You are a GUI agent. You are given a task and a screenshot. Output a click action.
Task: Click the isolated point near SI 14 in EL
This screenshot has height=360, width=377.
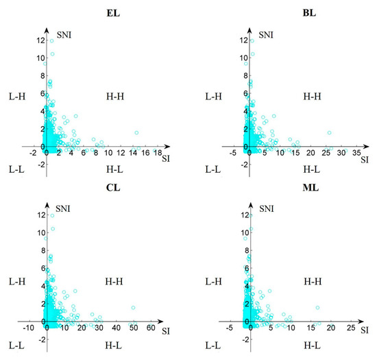136,132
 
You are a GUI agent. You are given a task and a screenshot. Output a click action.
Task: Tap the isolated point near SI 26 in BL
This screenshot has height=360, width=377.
330,132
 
